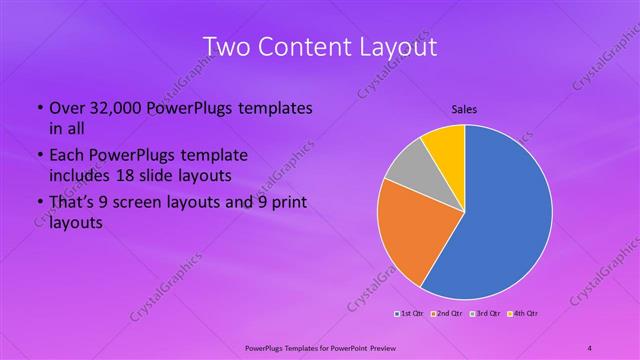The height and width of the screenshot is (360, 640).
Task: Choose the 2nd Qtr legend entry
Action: coord(445,314)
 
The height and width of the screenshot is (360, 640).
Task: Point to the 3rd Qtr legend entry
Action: coord(486,314)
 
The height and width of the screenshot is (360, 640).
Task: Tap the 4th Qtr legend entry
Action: coord(524,314)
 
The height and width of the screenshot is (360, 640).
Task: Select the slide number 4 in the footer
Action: coord(591,347)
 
